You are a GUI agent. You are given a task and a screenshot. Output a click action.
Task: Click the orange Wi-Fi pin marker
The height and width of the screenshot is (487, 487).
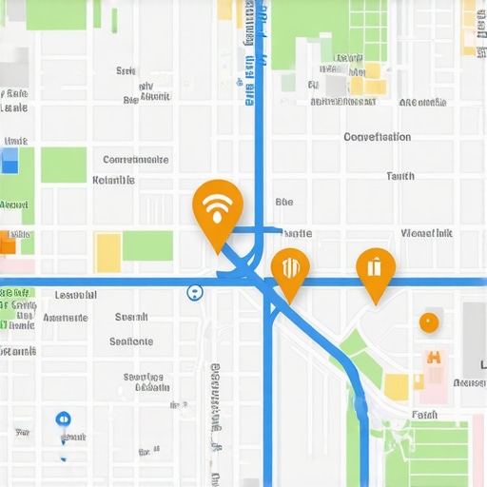[x=217, y=208]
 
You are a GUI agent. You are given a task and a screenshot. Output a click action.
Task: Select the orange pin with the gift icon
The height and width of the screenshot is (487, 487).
[x=376, y=267]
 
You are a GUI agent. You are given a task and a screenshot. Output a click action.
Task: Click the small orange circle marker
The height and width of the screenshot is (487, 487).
[x=429, y=321]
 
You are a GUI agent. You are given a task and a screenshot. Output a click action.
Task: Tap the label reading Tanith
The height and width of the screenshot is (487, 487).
[x=400, y=176]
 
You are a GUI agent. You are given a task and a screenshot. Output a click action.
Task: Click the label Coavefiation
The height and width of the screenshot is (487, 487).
[x=377, y=137]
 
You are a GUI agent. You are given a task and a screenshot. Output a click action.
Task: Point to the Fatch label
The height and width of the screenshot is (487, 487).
[x=424, y=415]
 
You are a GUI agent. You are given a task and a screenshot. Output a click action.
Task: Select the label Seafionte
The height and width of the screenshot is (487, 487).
[x=130, y=341]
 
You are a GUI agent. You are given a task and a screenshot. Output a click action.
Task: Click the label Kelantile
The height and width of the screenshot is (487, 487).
[x=113, y=180]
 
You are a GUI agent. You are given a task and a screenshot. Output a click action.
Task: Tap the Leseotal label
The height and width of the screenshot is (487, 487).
[x=76, y=295]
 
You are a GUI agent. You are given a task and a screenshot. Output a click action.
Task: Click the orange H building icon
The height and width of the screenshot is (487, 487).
[x=434, y=358]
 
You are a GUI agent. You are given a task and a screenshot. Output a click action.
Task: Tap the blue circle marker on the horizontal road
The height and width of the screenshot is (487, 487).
[x=195, y=292]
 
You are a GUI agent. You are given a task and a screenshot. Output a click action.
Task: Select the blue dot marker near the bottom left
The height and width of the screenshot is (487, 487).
[x=63, y=419]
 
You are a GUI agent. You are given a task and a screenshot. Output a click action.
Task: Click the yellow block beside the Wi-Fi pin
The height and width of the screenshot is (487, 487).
[x=108, y=252]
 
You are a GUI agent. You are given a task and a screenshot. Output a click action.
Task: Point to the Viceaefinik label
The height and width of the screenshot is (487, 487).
[x=426, y=233]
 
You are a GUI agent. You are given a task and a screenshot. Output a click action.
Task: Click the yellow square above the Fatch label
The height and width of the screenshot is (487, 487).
[x=397, y=386]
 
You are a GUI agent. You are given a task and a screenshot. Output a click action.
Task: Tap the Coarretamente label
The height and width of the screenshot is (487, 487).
[x=136, y=160]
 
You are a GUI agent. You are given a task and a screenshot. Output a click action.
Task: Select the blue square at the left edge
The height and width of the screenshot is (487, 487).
[x=10, y=164]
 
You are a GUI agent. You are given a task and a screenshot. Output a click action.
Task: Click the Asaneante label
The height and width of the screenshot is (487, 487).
[x=65, y=318]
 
